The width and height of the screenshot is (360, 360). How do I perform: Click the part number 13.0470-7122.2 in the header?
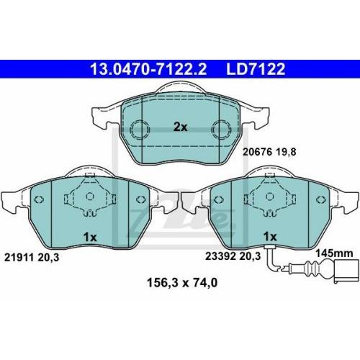148,69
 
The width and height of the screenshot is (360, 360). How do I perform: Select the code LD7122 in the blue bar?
256,69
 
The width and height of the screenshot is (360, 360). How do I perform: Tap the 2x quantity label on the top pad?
181,127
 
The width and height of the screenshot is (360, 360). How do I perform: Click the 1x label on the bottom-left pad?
90,237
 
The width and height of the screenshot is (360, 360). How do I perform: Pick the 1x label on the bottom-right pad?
270,237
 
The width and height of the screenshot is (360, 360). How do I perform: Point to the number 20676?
257,152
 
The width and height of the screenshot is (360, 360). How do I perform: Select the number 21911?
19,258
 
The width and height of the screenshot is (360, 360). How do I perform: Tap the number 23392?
220,256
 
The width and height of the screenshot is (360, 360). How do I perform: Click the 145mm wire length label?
334,253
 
